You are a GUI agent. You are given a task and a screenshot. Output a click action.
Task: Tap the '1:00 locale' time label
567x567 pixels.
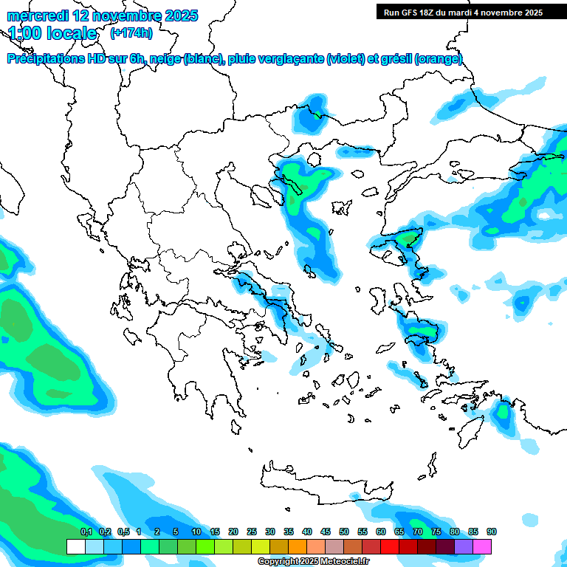(x=53, y=33)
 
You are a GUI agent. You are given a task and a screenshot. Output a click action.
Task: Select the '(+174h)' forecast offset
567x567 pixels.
(x=131, y=32)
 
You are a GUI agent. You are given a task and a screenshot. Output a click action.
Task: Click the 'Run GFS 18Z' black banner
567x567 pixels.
(x=463, y=13)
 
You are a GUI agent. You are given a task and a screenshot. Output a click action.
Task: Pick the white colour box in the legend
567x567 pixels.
(x=75, y=546)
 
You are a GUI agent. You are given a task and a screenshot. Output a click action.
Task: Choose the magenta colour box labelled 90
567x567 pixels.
(x=482, y=546)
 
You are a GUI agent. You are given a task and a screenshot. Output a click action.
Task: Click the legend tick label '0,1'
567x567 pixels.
(x=86, y=532)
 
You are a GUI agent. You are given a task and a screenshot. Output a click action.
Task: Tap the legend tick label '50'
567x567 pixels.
(x=344, y=532)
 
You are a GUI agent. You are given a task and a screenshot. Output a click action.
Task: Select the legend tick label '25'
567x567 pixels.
(x=252, y=532)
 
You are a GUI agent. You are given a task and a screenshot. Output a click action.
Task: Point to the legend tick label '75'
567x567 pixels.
(x=436, y=532)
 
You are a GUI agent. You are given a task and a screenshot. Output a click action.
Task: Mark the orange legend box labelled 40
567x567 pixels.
(x=298, y=546)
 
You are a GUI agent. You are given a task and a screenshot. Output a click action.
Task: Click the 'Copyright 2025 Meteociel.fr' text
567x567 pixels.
(x=313, y=561)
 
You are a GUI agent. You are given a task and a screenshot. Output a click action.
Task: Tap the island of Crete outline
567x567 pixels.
(x=325, y=484)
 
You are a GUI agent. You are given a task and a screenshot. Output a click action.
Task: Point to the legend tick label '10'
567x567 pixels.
(x=196, y=532)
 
